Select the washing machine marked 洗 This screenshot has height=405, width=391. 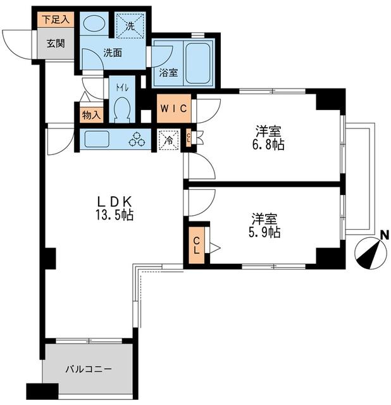[130, 27]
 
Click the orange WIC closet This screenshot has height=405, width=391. [173, 108]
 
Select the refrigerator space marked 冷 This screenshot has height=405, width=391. [168, 139]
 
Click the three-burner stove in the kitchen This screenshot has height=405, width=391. [137, 140]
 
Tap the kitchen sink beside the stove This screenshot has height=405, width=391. [98, 139]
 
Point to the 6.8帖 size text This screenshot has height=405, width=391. [270, 145]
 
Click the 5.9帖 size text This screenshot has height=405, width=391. [266, 232]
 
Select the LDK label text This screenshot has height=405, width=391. [115, 201]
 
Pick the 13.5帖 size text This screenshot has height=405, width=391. [115, 215]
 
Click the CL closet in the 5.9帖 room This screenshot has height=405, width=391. [196, 244]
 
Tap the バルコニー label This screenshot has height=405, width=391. [89, 369]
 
